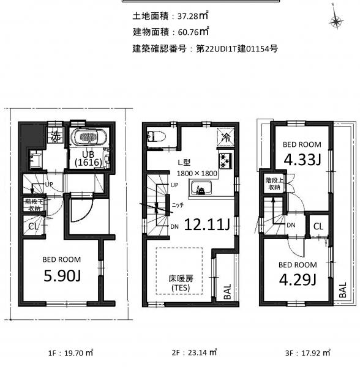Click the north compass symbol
336,21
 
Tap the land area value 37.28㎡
193,16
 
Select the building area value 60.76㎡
193,32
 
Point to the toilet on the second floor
156,136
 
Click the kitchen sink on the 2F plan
201,188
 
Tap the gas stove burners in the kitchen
225,160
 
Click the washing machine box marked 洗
56,136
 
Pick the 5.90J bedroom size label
62,275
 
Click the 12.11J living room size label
207,224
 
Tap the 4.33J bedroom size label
302,160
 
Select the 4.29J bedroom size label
298,280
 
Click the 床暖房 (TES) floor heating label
181,283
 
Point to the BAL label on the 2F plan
227,291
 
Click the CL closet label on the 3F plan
318,226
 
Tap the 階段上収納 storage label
274,183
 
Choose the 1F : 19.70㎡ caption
70,352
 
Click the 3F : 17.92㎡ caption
307,352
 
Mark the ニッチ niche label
178,206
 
